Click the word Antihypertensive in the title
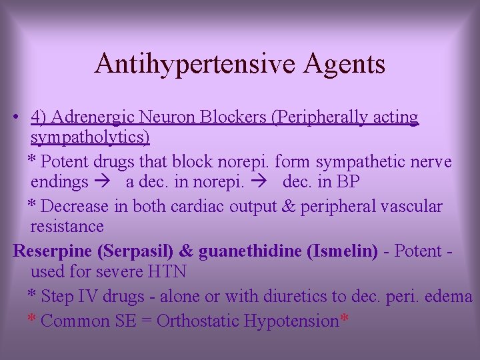[190, 64]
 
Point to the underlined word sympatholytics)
[90, 138]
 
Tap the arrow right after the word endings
[105, 182]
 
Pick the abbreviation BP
[347, 182]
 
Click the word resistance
[67, 226]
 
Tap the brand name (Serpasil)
[136, 251]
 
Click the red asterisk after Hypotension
[344, 319]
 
